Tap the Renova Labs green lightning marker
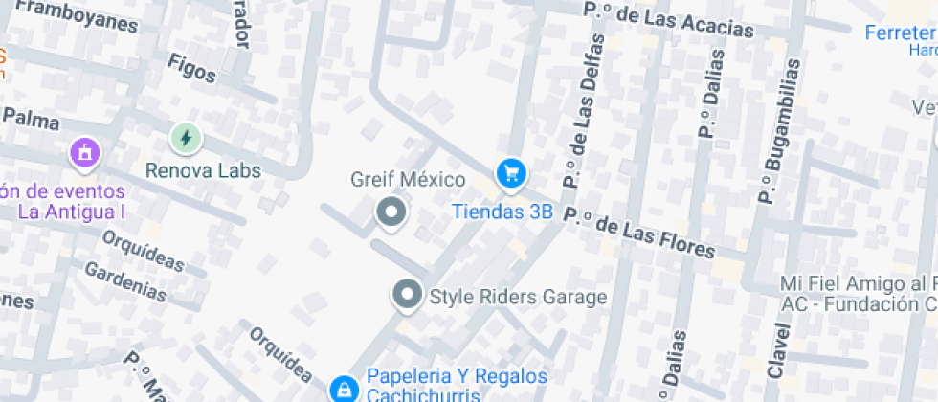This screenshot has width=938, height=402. (x=185, y=140)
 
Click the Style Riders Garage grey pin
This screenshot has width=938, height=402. (x=408, y=295)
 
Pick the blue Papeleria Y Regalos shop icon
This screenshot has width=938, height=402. (x=341, y=389)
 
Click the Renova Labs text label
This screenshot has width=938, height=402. (x=203, y=170)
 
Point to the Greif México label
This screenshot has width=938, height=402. (x=408, y=180)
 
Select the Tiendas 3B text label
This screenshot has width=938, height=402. (x=502, y=212)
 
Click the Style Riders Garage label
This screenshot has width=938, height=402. (x=518, y=297)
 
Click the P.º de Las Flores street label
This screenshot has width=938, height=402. (x=639, y=233)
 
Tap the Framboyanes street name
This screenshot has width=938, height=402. (x=77, y=14)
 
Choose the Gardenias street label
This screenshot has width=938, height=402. (x=125, y=279)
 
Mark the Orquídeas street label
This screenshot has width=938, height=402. (x=143, y=249)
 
